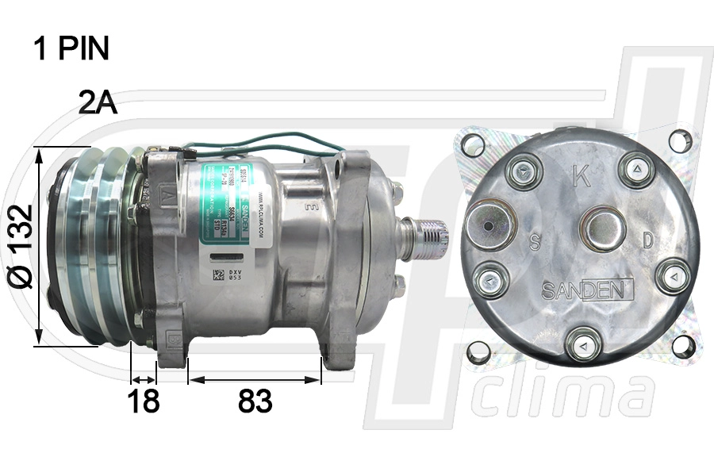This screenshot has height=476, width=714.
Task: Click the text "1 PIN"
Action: coord(71,49)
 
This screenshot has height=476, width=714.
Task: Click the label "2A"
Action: coord(98,102)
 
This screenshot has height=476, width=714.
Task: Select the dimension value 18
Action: coord(144,401)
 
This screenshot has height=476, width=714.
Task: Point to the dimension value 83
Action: coord(255,401)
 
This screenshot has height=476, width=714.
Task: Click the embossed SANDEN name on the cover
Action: coord(587,290)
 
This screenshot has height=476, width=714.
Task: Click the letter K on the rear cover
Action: coord(582,176)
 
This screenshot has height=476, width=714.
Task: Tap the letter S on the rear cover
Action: coord(535,242)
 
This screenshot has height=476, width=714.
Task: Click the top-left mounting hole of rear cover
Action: coord(473,145)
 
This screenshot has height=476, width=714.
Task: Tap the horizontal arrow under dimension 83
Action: coord(255,380)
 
